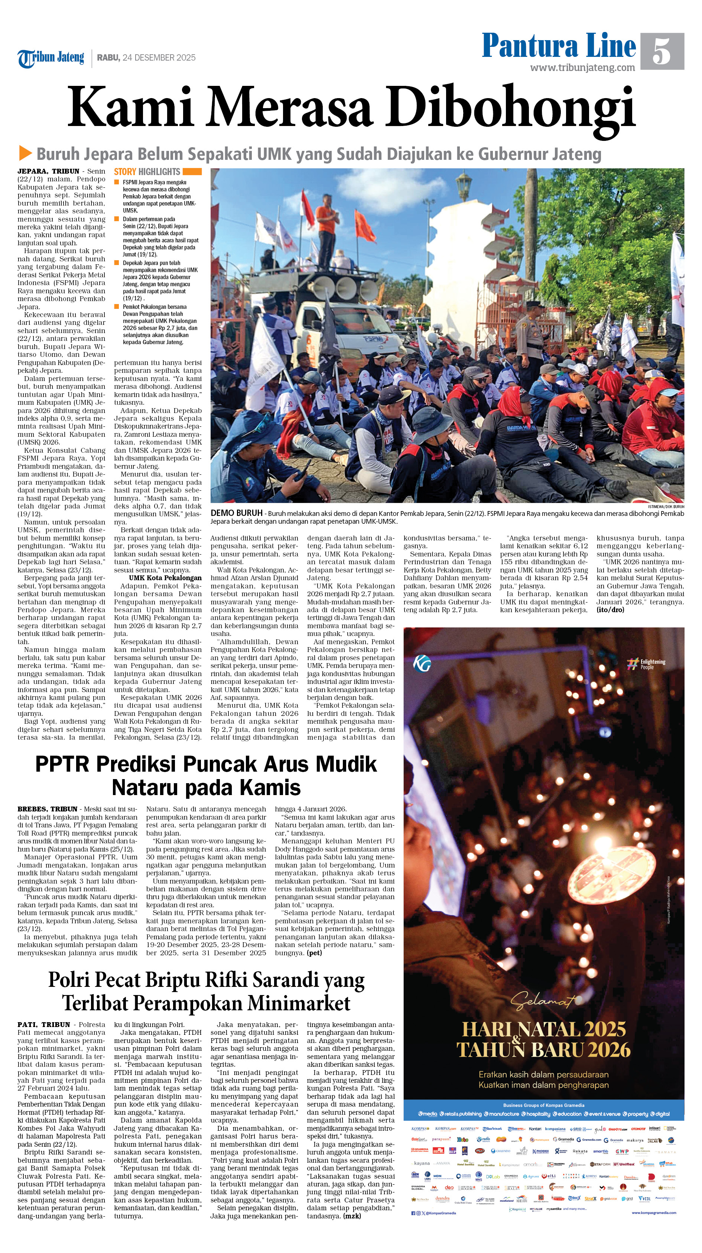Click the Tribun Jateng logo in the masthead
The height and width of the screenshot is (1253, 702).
point(51,58)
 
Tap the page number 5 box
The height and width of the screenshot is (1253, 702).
point(662,51)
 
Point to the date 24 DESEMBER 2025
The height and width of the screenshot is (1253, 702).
point(159,57)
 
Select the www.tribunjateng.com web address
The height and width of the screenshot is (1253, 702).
point(582,68)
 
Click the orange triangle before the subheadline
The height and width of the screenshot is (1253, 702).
point(25,153)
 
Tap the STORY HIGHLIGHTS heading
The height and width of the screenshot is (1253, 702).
point(147,172)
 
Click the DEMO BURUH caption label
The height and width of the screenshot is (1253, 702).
point(236,513)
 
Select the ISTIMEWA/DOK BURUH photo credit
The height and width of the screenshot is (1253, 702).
point(666,506)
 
